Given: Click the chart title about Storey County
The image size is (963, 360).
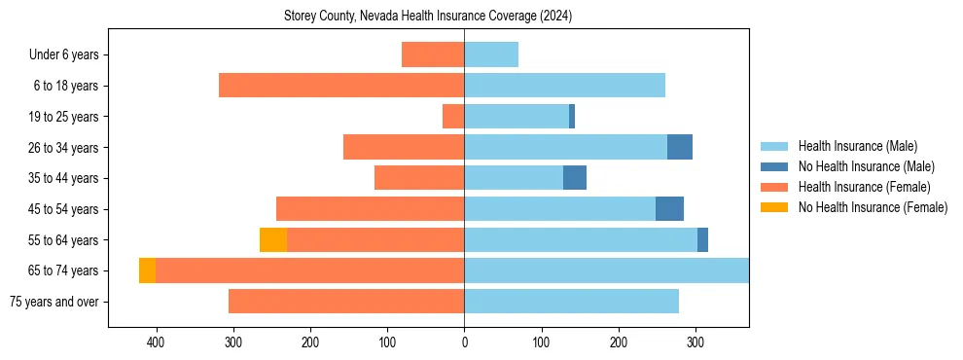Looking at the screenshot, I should pyautogui.click(x=428, y=17).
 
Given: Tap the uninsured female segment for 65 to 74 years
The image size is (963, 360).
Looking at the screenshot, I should pyautogui.click(x=147, y=270).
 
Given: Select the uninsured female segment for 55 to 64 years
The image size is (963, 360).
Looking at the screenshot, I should pyautogui.click(x=273, y=239).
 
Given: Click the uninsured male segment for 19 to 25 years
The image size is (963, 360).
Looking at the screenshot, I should pyautogui.click(x=572, y=117).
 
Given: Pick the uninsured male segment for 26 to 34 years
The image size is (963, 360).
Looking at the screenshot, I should pyautogui.click(x=680, y=147).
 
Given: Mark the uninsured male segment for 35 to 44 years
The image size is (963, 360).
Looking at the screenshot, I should pyautogui.click(x=575, y=178).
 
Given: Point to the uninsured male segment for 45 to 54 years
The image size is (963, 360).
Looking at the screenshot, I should pyautogui.click(x=669, y=208).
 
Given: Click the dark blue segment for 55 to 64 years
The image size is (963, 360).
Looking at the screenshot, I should pyautogui.click(x=702, y=239).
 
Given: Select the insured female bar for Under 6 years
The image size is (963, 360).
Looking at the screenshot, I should pyautogui.click(x=433, y=54).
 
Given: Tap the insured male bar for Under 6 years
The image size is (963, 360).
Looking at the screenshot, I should pyautogui.click(x=491, y=54).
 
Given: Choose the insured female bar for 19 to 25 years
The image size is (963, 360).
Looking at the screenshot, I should pyautogui.click(x=453, y=117).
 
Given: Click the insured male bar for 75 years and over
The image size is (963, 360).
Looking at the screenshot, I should pyautogui.click(x=571, y=302).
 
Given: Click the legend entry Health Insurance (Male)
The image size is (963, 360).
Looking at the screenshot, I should pyautogui.click(x=857, y=146).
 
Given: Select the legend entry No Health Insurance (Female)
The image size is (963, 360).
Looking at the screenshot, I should pyautogui.click(x=873, y=207).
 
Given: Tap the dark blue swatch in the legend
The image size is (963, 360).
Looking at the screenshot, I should pyautogui.click(x=774, y=166).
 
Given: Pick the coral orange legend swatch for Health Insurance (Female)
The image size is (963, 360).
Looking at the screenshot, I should pyautogui.click(x=774, y=187).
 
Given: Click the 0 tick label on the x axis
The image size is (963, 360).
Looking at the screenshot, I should pyautogui.click(x=464, y=342).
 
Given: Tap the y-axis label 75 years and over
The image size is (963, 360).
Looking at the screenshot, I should pyautogui.click(x=54, y=302).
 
